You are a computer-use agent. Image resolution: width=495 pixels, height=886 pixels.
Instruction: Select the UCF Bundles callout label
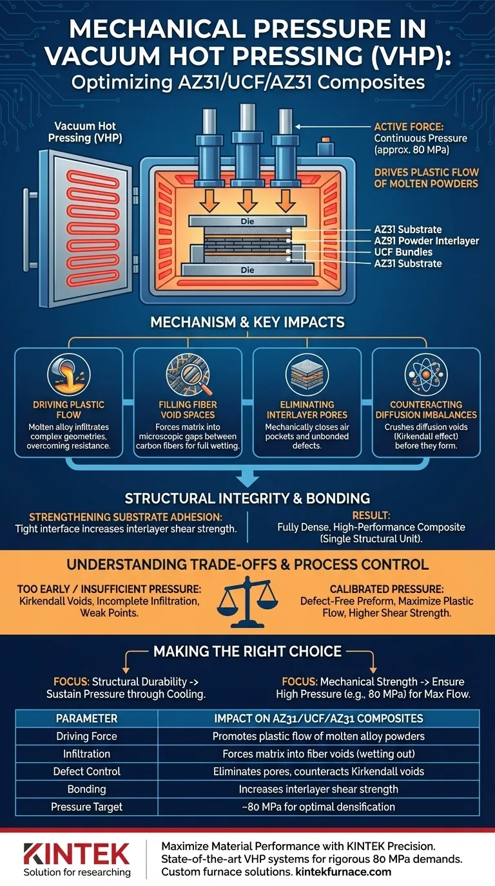tap(404, 251)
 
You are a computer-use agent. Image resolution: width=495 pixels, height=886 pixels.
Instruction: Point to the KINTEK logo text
tap(76, 853)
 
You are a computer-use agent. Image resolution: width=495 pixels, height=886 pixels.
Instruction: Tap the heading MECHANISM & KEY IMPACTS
tap(247, 322)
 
